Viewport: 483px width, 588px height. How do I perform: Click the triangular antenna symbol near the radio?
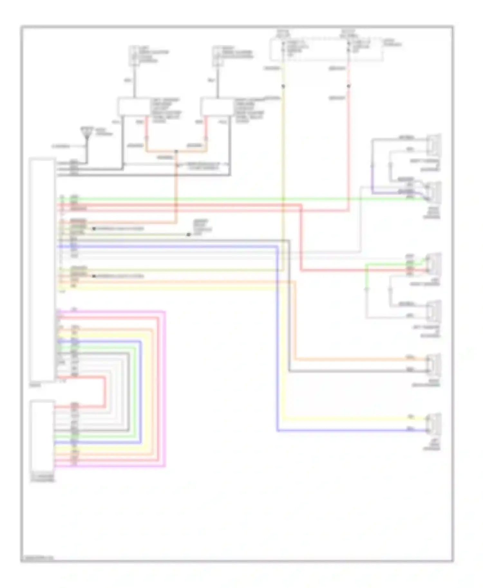pos(86,133)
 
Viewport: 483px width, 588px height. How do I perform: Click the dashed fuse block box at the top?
pos(326,50)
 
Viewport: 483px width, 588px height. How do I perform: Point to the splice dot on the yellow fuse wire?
pos(283,86)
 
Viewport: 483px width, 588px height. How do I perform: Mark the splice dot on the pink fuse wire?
pos(348,86)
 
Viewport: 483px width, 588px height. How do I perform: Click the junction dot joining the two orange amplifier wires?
pos(176,151)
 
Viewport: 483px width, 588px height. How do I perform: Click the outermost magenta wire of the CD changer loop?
pos(165,386)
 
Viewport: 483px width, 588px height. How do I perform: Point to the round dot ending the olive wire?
pos(189,234)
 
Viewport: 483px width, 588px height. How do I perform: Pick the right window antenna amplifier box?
pos(216,106)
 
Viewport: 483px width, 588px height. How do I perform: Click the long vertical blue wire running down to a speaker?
pos(277,338)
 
